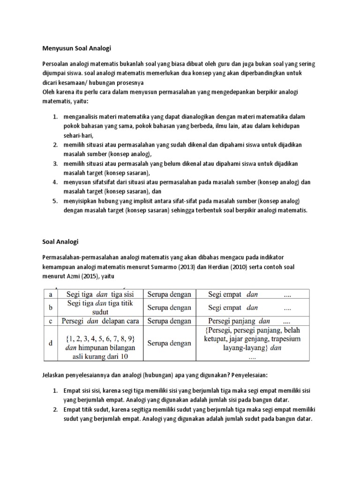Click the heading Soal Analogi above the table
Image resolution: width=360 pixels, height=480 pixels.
(x=60, y=242)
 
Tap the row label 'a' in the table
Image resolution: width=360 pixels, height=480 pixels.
(x=50, y=294)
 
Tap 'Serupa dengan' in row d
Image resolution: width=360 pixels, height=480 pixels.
(x=169, y=343)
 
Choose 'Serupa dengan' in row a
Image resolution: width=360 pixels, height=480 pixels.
(x=169, y=294)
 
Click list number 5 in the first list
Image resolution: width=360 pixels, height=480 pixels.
(x=54, y=201)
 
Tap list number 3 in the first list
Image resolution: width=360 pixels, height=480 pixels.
(x=54, y=163)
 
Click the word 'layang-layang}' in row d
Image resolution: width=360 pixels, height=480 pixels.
(x=234, y=348)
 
